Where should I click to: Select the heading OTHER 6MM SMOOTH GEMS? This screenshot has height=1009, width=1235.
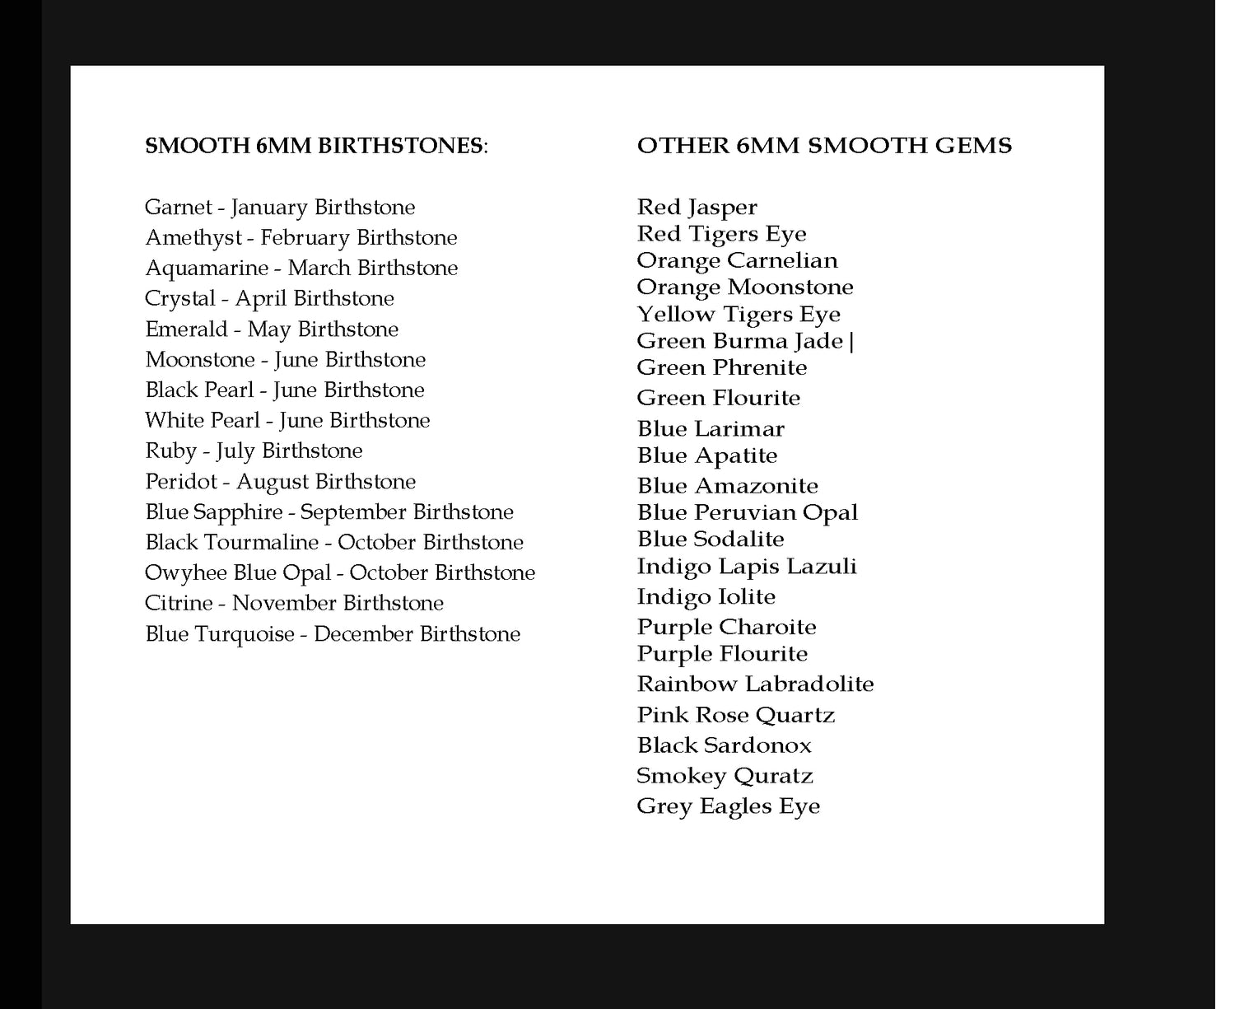pyautogui.click(x=824, y=146)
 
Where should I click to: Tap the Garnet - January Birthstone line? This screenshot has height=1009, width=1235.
pyautogui.click(x=280, y=207)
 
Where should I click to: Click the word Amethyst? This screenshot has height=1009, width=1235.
pyautogui.click(x=193, y=238)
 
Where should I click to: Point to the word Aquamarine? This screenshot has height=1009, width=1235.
pyautogui.click(x=207, y=269)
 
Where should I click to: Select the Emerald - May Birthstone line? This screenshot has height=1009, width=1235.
pyautogui.click(x=272, y=329)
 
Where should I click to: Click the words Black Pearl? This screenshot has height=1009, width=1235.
pyautogui.click(x=199, y=390)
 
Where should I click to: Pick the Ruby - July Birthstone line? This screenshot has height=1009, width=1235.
pyautogui.click(x=254, y=451)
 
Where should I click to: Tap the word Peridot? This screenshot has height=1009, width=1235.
pyautogui.click(x=181, y=482)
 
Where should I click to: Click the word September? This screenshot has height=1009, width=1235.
pyautogui.click(x=353, y=512)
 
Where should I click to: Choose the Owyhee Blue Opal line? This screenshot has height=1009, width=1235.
pyautogui.click(x=340, y=573)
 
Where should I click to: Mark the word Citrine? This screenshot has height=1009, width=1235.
pyautogui.click(x=179, y=604)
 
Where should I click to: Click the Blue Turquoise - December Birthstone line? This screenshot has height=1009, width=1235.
pyautogui.click(x=333, y=634)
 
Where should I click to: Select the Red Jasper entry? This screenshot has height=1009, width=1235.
pyautogui.click(x=697, y=208)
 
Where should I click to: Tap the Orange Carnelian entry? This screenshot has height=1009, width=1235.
pyautogui.click(x=737, y=261)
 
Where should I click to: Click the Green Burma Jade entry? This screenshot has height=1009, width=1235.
pyautogui.click(x=740, y=342)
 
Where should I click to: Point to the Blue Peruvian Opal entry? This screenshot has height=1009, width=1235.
pyautogui.click(x=747, y=513)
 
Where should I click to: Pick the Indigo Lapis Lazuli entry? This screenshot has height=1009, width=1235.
pyautogui.click(x=746, y=567)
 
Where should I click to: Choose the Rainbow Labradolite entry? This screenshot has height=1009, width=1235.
pyautogui.click(x=755, y=684)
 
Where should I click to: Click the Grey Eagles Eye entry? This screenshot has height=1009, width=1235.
pyautogui.click(x=728, y=806)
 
